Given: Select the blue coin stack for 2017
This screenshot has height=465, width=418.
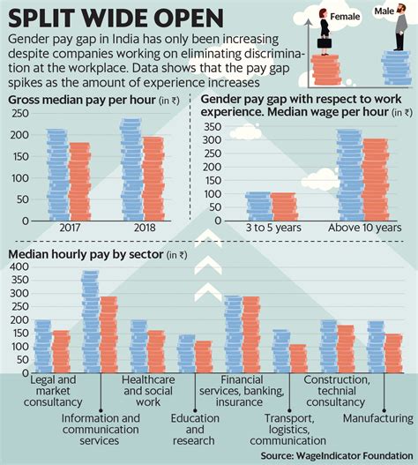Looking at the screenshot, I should (x=57, y=176).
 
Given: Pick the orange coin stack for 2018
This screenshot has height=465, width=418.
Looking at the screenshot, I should (x=153, y=180).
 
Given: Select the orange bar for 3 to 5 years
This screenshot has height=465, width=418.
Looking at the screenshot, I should (x=283, y=206).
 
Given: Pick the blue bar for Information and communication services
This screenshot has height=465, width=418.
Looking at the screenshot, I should (x=90, y=322).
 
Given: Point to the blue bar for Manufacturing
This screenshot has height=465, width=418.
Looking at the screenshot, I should (x=375, y=346).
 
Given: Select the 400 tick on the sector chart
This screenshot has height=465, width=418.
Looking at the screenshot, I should (x=18, y=266).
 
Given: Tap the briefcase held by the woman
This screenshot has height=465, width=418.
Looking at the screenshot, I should (x=325, y=42).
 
